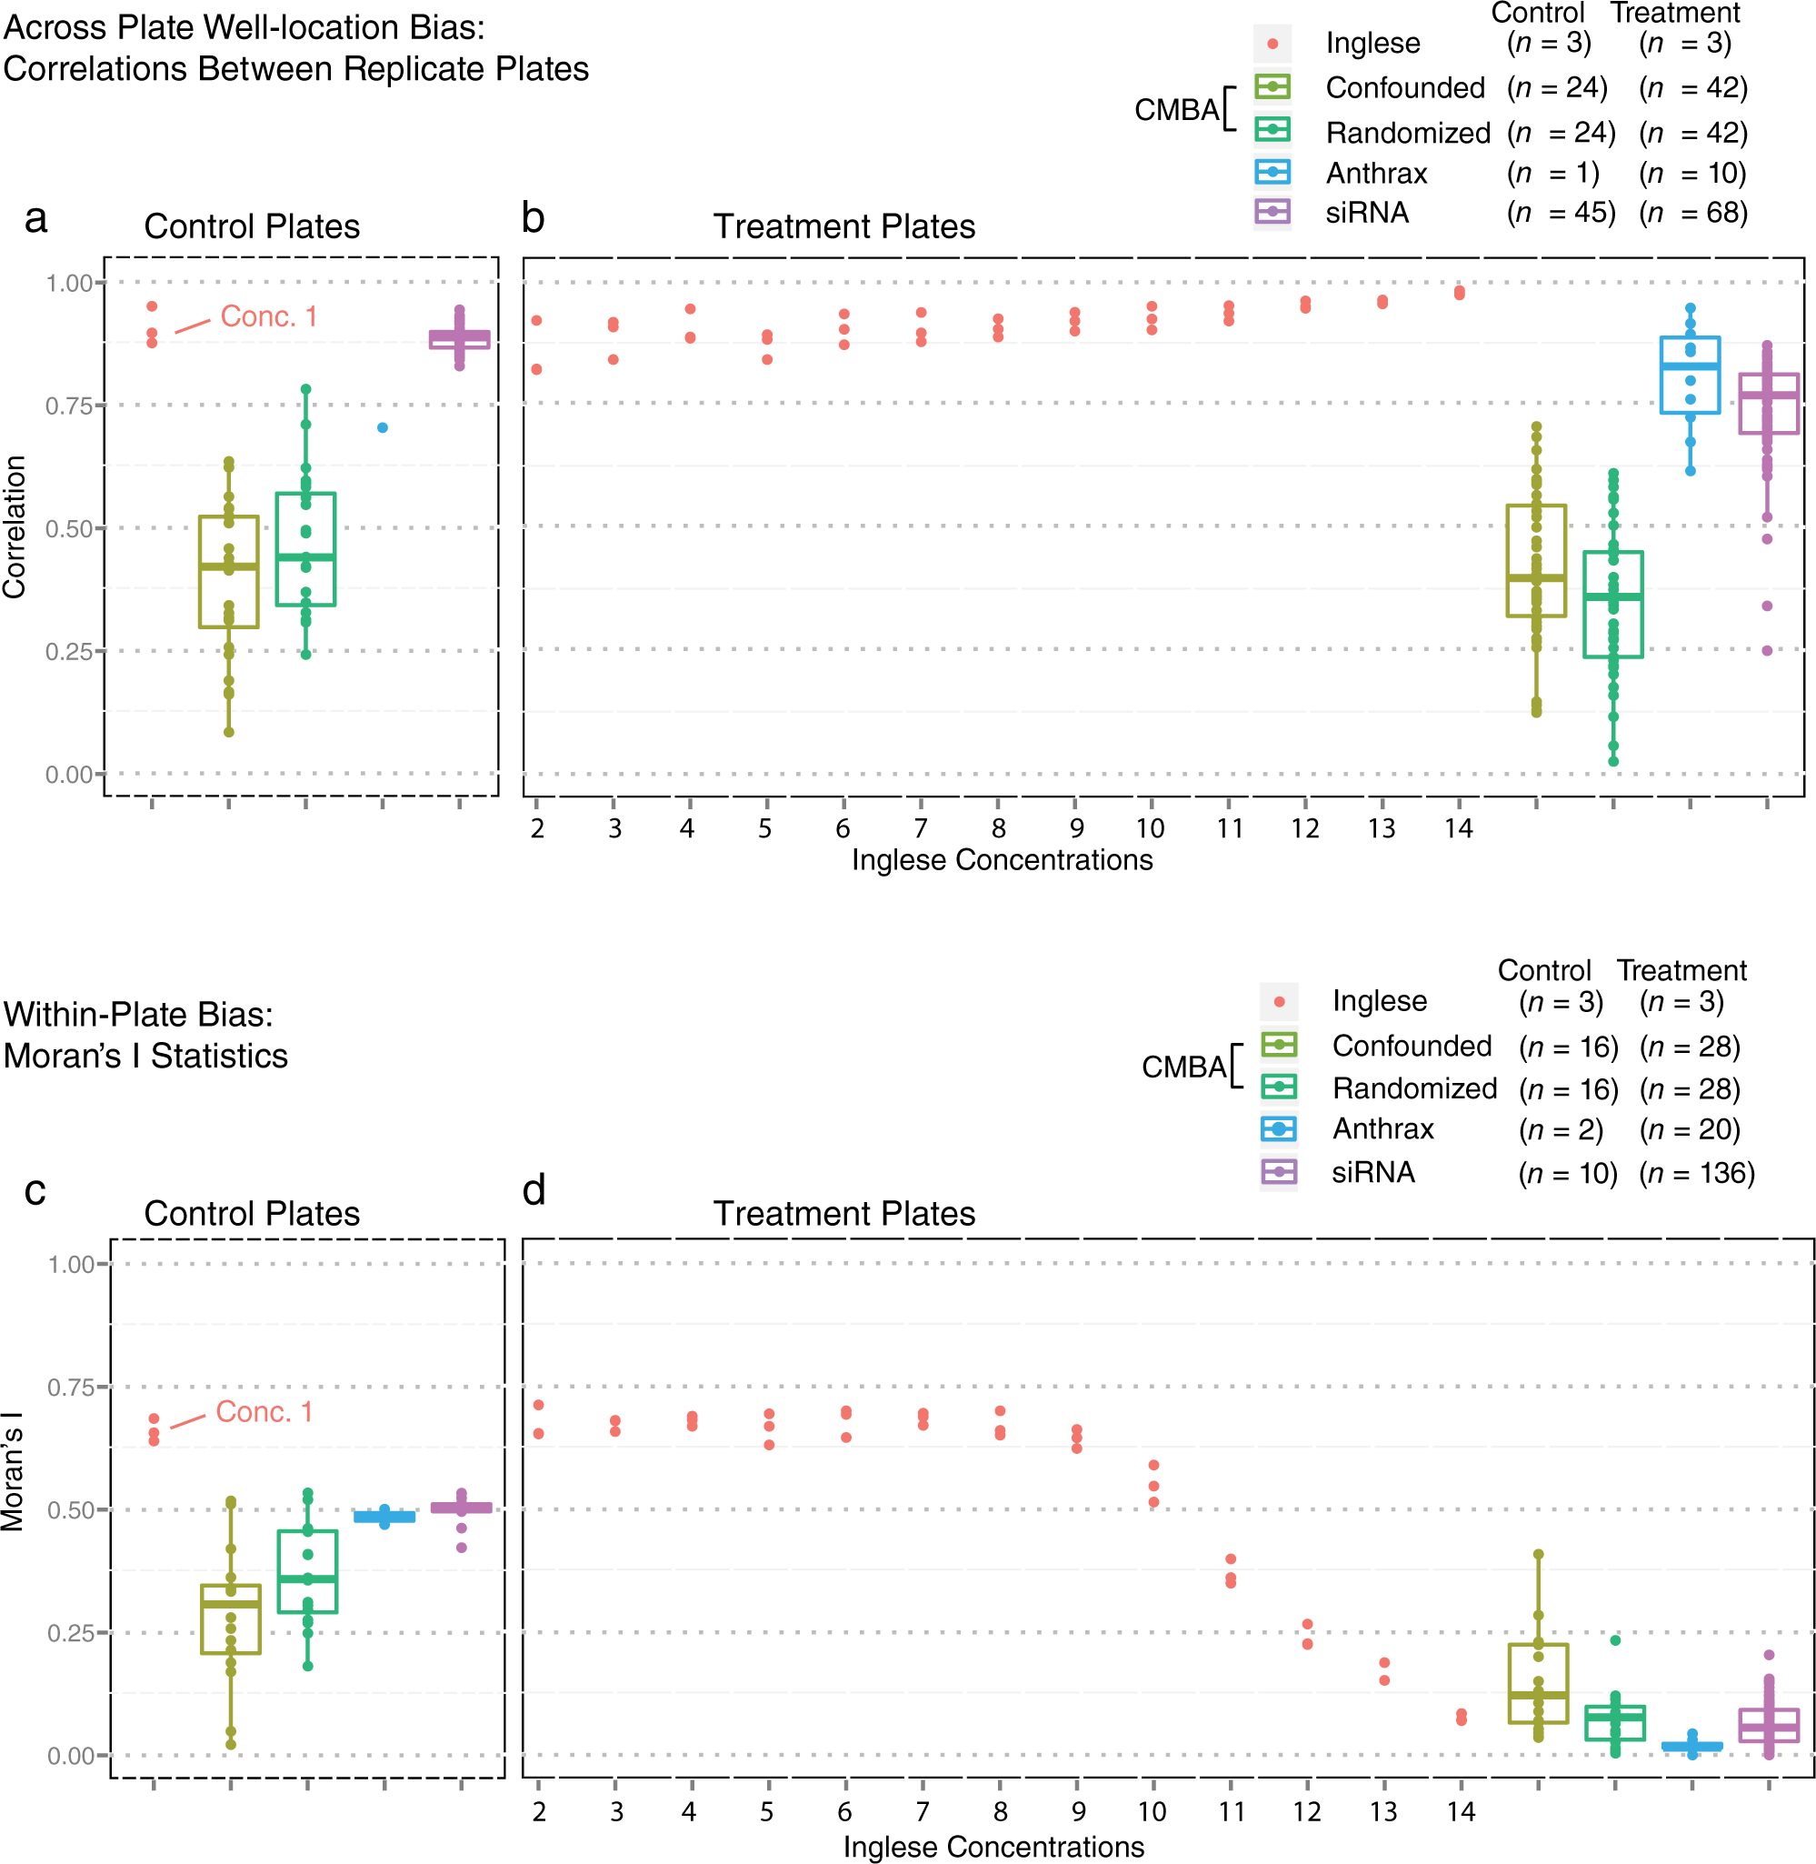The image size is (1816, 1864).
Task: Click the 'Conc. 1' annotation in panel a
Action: [x=268, y=316]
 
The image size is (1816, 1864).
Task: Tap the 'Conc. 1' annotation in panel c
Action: [x=264, y=1411]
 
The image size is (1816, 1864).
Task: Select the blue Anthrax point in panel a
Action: [x=383, y=427]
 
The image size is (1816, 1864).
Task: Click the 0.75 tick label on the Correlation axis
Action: [x=69, y=406]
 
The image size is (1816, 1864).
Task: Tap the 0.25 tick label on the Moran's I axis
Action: [x=71, y=1632]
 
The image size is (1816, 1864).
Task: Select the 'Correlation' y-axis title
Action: [x=15, y=526]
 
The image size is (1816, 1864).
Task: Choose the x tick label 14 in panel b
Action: [x=1458, y=828]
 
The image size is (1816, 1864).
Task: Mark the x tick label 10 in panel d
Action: [x=1152, y=1810]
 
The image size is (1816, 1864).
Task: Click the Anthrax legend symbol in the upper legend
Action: [x=1273, y=172]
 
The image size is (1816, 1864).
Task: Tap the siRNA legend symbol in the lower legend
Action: [x=1279, y=1171]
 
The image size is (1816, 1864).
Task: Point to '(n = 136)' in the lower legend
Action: [x=1697, y=1172]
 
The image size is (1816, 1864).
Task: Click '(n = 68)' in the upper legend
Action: [x=1693, y=212]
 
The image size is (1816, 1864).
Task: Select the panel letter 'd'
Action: [x=534, y=1189]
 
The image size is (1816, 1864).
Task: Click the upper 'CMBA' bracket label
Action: [x=1177, y=110]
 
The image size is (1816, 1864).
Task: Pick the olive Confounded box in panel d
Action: [x=1538, y=1696]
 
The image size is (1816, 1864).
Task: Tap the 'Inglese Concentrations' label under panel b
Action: [x=1003, y=859]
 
